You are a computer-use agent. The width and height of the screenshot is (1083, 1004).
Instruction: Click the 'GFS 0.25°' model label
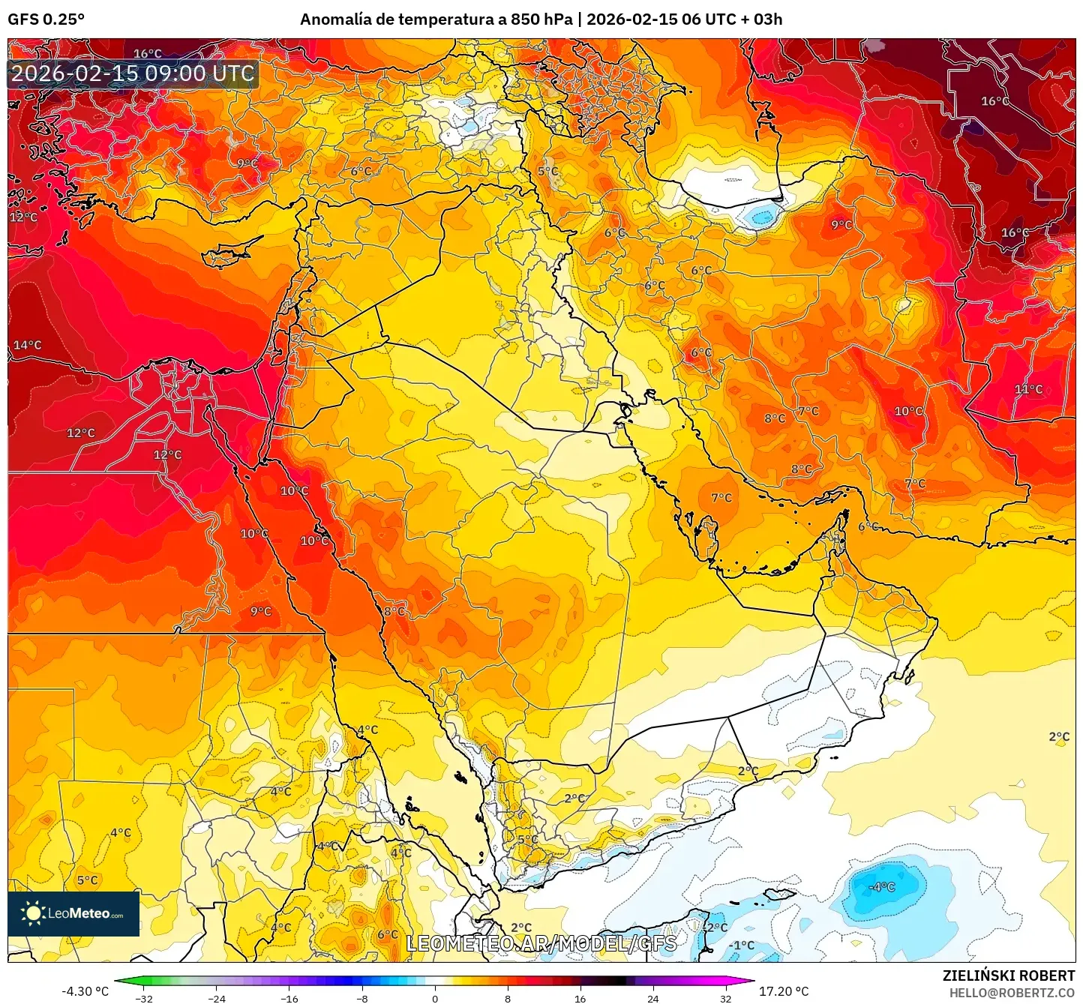tap(46, 19)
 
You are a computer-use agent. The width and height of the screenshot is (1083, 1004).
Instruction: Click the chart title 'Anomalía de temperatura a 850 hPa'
tap(436, 19)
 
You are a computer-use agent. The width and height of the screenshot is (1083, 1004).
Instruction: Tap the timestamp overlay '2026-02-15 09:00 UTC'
tap(133, 73)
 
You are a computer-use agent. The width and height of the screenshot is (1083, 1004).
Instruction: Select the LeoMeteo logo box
tap(73, 913)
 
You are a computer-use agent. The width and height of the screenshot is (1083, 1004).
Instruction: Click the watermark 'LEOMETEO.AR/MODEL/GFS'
tap(541, 943)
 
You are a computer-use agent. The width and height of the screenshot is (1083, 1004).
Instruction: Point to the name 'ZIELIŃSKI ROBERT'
tap(1009, 976)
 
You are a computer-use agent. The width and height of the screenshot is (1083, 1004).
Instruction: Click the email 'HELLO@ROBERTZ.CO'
tap(1012, 993)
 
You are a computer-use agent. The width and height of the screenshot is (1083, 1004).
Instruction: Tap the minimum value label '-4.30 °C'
tap(85, 991)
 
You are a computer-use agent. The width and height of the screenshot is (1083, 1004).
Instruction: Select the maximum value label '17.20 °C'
tap(784, 991)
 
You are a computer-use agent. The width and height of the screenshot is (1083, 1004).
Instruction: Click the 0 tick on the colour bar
tap(435, 998)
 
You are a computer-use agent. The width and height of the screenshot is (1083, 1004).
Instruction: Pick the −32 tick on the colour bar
tap(144, 998)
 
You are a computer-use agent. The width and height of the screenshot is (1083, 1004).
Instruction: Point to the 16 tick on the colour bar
tap(580, 998)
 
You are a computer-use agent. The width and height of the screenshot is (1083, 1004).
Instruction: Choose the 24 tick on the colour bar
tap(652, 998)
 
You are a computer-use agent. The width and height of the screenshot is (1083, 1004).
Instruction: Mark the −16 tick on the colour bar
tap(289, 998)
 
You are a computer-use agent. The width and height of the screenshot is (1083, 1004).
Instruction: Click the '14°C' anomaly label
tap(28, 345)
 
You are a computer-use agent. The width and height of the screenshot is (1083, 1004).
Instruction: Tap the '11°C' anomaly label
tap(1028, 389)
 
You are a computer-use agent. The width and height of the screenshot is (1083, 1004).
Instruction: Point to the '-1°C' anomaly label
tap(742, 945)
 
